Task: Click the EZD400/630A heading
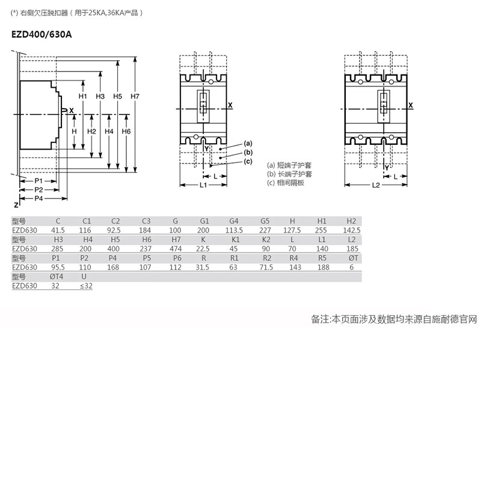41,34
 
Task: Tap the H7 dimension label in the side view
135,96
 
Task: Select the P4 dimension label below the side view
38,198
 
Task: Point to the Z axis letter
16,205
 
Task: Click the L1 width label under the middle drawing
203,185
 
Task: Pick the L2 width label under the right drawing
376,185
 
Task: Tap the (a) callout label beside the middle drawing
248,143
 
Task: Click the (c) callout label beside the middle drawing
248,161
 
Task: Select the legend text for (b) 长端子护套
289,174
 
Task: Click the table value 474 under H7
176,249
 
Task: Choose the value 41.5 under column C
58,230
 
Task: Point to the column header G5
265,221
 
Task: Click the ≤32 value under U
86,286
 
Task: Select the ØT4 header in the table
57,277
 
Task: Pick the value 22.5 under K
203,249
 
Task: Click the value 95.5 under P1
58,267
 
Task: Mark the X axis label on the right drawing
411,106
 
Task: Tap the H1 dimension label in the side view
83,96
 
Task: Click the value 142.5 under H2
352,230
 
